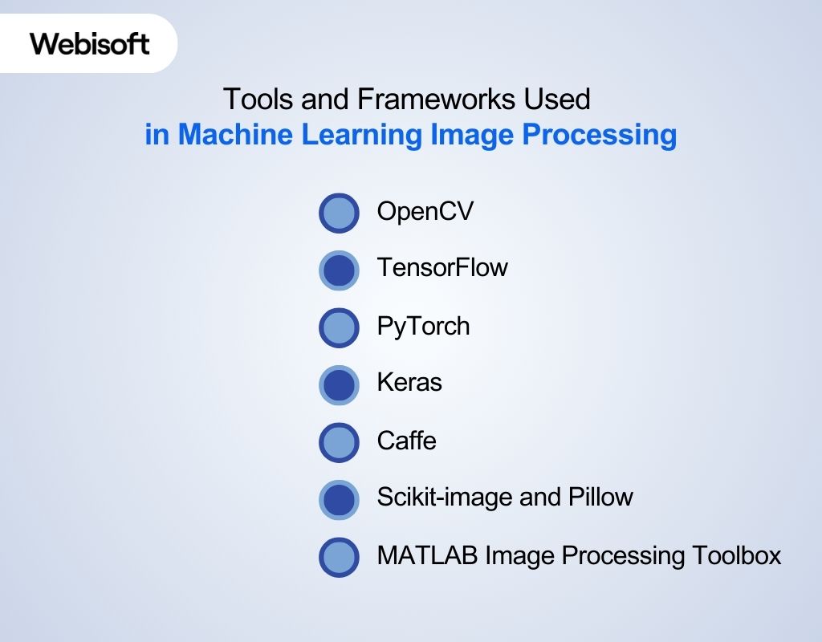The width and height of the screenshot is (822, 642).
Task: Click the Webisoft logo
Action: click(90, 43)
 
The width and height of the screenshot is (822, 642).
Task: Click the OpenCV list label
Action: click(425, 212)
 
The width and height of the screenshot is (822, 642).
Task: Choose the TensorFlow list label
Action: click(442, 267)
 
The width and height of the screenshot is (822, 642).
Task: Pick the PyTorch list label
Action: click(423, 326)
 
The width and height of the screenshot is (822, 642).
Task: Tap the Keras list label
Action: click(409, 382)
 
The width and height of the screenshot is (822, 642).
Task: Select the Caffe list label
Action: click(406, 441)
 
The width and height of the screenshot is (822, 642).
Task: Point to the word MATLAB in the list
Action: click(427, 555)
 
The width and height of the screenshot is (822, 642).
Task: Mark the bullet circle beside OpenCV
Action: click(339, 213)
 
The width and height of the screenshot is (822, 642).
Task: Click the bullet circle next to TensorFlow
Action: click(339, 270)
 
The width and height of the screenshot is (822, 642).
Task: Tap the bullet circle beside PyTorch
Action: click(339, 328)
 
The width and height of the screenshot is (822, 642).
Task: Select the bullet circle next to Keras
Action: click(339, 385)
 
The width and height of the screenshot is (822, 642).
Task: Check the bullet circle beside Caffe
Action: click(339, 443)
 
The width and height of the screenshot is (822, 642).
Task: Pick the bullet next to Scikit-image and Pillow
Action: click(339, 500)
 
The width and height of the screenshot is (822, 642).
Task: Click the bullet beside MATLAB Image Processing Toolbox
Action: click(339, 558)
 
